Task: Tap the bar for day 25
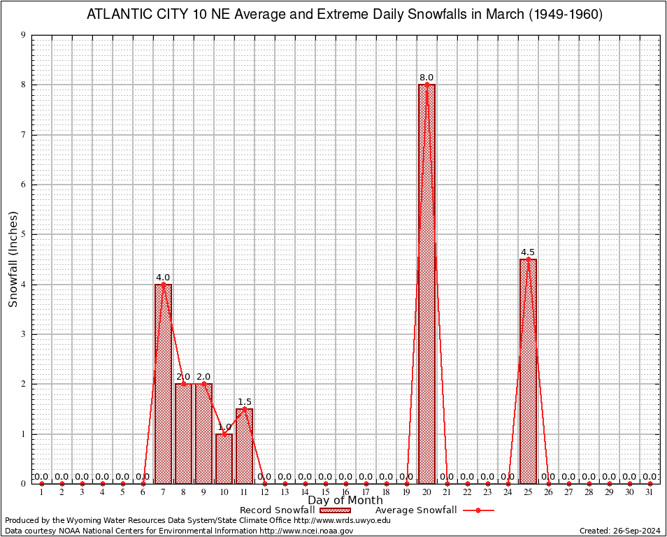pos(528,371)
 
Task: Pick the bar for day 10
pos(224,458)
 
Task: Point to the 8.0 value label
pos(426,78)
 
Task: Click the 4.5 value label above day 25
pos(528,252)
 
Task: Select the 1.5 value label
pos(245,402)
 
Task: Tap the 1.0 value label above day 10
pos(224,427)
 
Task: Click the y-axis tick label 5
pos(24,234)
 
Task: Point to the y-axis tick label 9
pos(24,35)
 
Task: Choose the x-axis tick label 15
pos(325,493)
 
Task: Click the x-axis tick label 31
pos(650,493)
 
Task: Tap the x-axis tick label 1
pos(42,493)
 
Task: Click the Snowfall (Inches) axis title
pos(13,259)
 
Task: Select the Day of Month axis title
pos(345,501)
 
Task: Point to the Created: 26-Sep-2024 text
pos(619,531)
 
